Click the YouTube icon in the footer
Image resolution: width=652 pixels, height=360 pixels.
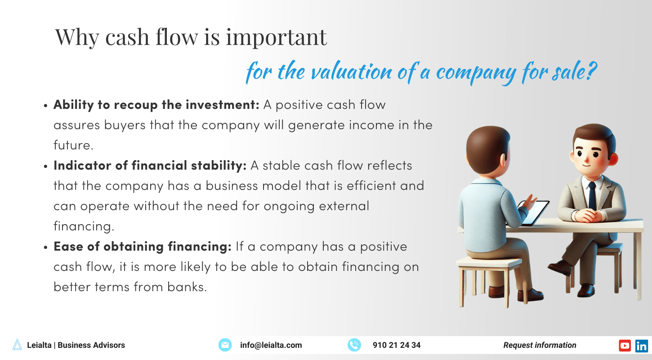625,346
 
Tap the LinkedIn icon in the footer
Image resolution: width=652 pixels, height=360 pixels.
642,346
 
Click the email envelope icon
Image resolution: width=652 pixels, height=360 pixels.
225,345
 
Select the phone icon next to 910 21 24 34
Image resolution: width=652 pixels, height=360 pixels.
354,345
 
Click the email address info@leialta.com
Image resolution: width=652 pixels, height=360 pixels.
271,345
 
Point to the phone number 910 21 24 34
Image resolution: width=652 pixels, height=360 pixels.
397,345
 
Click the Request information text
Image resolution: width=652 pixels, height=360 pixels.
540,345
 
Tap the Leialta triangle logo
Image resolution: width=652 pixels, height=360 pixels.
17,345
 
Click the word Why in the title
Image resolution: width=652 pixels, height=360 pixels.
77,37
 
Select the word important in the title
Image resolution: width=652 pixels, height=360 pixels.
277,37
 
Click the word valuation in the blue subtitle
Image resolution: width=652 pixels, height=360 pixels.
352,72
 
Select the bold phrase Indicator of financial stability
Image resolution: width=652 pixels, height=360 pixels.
150,166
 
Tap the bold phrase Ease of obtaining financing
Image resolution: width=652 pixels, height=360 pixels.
143,247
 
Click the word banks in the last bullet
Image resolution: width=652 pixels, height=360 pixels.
187,287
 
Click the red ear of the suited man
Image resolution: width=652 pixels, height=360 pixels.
613,159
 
